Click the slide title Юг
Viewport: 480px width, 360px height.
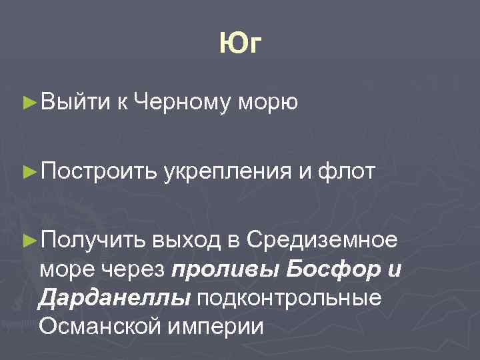coord(241,45)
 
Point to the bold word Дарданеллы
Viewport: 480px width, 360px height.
coord(113,299)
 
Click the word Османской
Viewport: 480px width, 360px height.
coord(99,327)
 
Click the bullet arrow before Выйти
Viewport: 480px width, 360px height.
coord(29,102)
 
